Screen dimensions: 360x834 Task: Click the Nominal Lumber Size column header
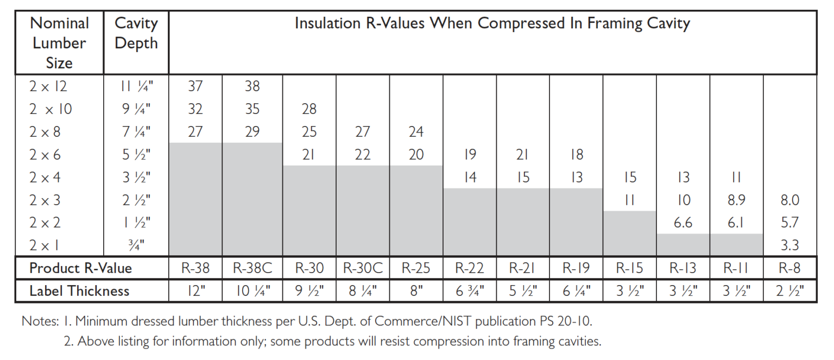coord(59,43)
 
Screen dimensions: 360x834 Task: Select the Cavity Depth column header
coord(136,33)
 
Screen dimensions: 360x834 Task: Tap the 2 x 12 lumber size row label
coord(48,86)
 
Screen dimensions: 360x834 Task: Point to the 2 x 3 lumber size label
coord(45,200)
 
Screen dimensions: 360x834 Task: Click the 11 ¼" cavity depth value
coord(136,86)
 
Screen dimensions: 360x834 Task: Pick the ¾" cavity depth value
coord(136,245)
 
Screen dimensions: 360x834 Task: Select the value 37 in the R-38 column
coord(195,86)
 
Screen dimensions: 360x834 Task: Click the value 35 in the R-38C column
coord(252,109)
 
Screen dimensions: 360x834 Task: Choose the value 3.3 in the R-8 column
coord(789,245)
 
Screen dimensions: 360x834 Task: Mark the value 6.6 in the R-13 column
coord(683,223)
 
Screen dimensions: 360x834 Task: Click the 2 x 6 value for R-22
coord(470,155)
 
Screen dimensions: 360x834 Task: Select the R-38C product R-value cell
coord(252,268)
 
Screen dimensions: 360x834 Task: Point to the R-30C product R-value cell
coord(362,268)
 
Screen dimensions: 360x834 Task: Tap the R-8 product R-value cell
coord(789,268)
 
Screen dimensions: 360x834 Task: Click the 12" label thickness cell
coord(195,291)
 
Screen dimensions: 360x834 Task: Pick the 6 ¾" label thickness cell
coord(470,291)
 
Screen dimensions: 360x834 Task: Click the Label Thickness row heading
coord(79,291)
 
